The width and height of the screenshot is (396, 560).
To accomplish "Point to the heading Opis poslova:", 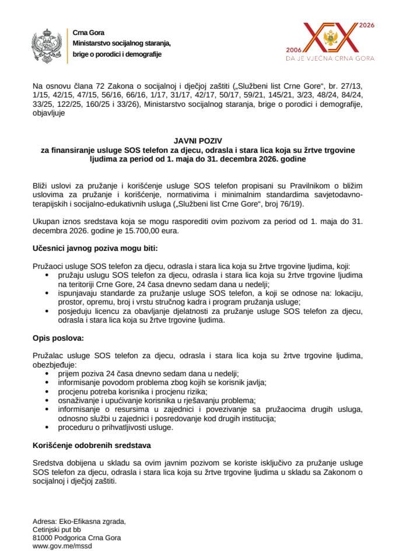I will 58,338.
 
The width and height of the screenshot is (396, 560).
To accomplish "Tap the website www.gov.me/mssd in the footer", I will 62,546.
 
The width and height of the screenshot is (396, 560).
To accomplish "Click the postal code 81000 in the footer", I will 43,538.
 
